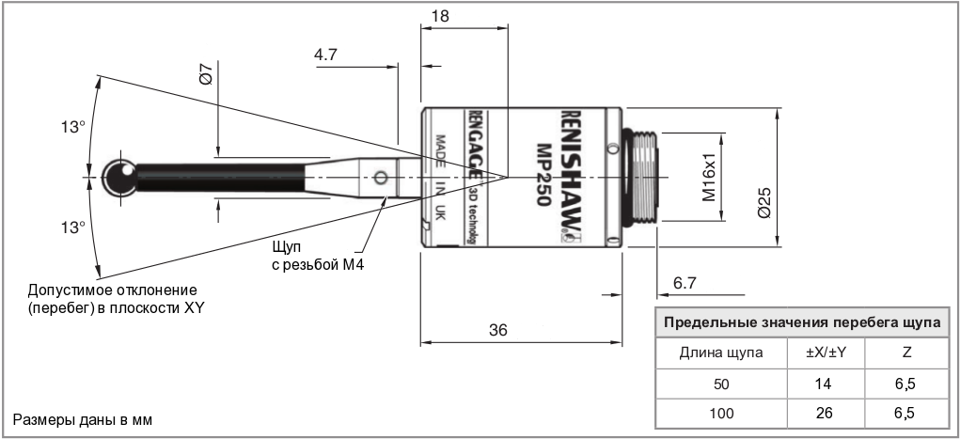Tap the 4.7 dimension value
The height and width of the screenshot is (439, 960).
point(326,55)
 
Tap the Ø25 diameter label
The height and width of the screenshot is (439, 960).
point(763,200)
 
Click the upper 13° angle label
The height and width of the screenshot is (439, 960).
point(71,127)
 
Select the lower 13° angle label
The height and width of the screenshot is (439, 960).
point(71,227)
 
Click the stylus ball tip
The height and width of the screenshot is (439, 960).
point(119,176)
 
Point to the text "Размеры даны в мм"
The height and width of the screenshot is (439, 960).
point(81,417)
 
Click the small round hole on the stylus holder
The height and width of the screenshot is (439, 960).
point(380,177)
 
